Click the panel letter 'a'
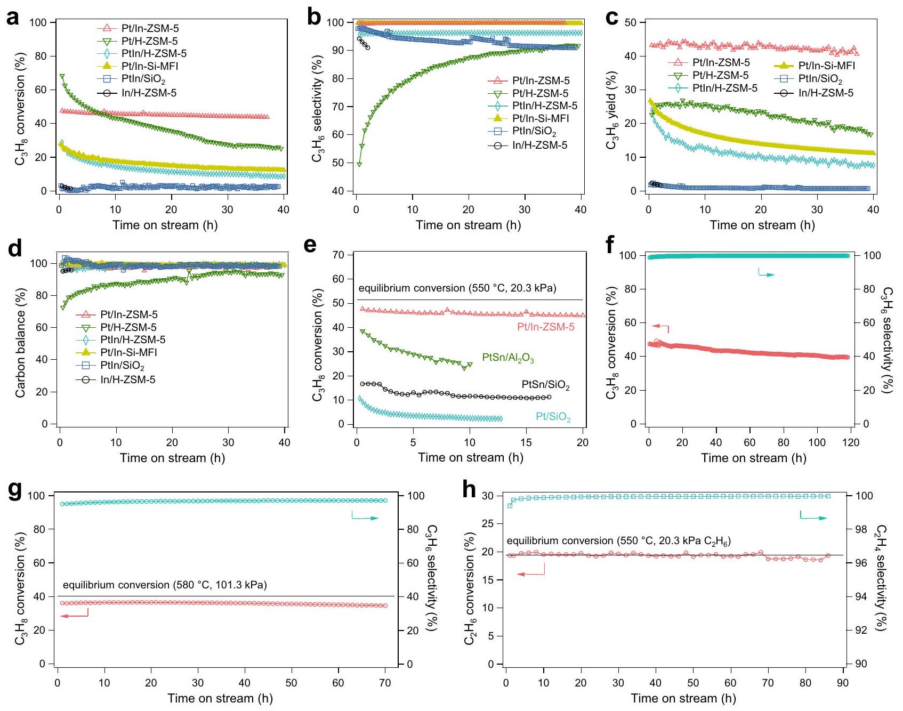[12, 18]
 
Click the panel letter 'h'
[469, 490]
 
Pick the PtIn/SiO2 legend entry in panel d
[122, 366]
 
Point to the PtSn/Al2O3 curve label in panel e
[507, 358]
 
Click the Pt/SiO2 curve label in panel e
[553, 417]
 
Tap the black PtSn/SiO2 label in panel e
[545, 385]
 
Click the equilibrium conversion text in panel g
[165, 585]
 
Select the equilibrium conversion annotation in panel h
[618, 541]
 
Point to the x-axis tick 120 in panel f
[851, 442]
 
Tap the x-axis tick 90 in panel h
[843, 683]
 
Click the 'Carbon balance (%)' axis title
[21, 343]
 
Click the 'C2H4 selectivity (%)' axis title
[881, 578]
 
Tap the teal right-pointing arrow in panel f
[767, 274]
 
